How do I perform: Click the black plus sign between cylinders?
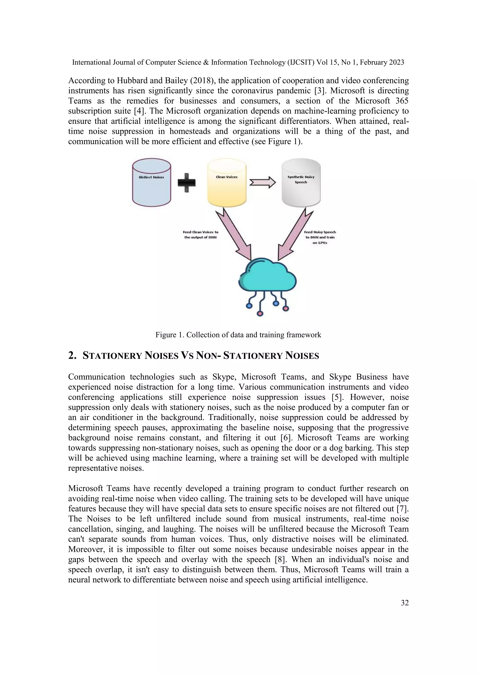(187, 183)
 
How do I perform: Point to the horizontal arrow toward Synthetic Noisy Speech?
(262, 183)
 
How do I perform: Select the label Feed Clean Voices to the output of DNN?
(201, 235)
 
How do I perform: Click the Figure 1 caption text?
(238, 335)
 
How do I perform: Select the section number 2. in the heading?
(72, 356)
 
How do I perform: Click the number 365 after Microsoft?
(402, 101)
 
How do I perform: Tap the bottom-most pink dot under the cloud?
(260, 313)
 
